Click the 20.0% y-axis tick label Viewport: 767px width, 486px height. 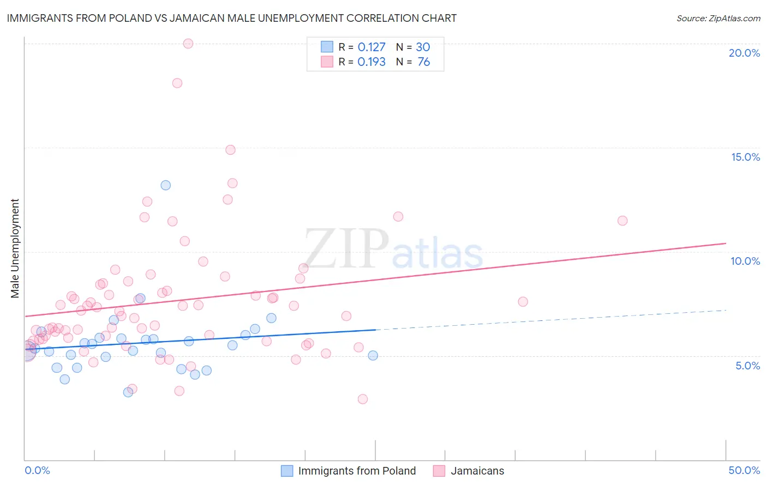[x=744, y=53]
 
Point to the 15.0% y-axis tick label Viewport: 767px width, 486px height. [x=745, y=157]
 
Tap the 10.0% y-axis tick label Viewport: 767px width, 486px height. [x=745, y=261]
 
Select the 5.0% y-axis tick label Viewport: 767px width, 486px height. [x=747, y=366]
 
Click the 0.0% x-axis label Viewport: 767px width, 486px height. [x=37, y=470]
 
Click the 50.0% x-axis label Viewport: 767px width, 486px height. [x=744, y=470]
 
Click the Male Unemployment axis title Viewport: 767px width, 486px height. [x=15, y=248]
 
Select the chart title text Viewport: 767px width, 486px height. [x=232, y=18]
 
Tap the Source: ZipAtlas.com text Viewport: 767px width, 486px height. [x=718, y=19]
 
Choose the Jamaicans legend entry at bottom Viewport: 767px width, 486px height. [x=477, y=471]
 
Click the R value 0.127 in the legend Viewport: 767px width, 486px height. [x=371, y=47]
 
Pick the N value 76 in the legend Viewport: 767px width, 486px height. [x=424, y=62]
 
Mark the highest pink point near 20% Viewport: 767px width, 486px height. [x=188, y=44]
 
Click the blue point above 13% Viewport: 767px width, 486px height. [x=166, y=185]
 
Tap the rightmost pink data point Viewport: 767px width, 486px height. [x=622, y=221]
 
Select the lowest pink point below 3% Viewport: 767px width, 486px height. [x=363, y=399]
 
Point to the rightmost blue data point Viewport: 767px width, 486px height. [x=373, y=355]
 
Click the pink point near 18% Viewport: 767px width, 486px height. [x=177, y=83]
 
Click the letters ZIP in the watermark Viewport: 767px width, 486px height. [x=346, y=248]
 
